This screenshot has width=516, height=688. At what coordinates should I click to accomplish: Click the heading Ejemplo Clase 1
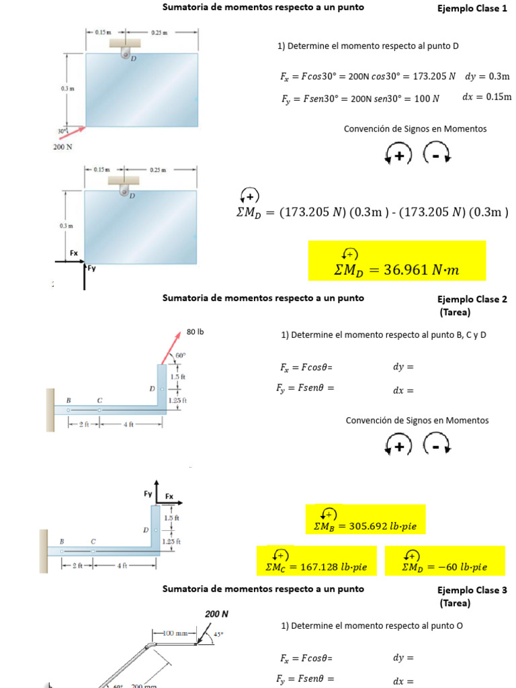[x=472, y=9]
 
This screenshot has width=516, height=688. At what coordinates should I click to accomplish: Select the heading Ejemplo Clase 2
[x=472, y=300]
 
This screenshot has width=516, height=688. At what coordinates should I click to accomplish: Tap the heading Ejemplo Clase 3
[x=472, y=591]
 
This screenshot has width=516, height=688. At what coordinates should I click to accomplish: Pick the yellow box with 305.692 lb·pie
[x=365, y=522]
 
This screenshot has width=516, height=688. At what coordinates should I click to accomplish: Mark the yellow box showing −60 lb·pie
[x=444, y=562]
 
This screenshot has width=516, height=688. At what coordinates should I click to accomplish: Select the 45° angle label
[x=218, y=634]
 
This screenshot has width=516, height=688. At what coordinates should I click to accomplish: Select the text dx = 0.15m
[x=486, y=97]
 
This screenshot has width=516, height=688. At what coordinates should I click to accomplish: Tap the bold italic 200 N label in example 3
[x=216, y=614]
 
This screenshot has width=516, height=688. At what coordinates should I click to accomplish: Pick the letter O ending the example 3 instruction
[x=460, y=626]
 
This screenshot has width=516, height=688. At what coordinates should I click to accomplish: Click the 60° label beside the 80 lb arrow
[x=180, y=355]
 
